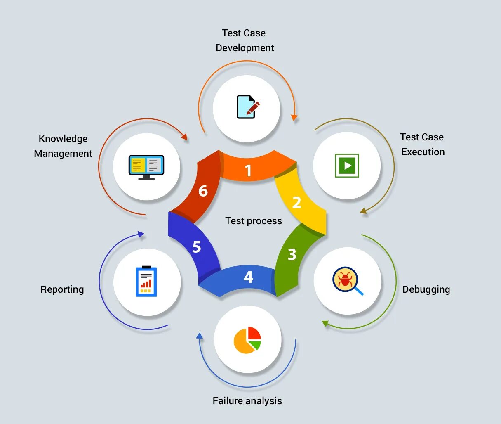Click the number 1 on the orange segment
click(x=248, y=171)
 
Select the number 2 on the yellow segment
click(x=296, y=203)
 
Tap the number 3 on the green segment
click(x=292, y=254)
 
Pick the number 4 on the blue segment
click(x=248, y=277)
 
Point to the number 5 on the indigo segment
click(x=197, y=247)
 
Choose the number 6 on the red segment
click(x=203, y=191)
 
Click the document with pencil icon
click(x=247, y=107)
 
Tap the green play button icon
click(x=347, y=166)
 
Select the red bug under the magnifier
click(x=346, y=280)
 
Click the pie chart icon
click(x=247, y=340)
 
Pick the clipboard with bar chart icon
click(x=146, y=282)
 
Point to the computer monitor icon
click(x=146, y=167)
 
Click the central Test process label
click(x=254, y=221)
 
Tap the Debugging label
click(x=426, y=289)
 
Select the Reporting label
click(x=62, y=289)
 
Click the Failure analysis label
click(x=247, y=401)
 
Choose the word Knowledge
click(x=63, y=139)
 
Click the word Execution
click(x=423, y=152)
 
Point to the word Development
click(x=245, y=48)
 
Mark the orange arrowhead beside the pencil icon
click(x=294, y=117)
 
